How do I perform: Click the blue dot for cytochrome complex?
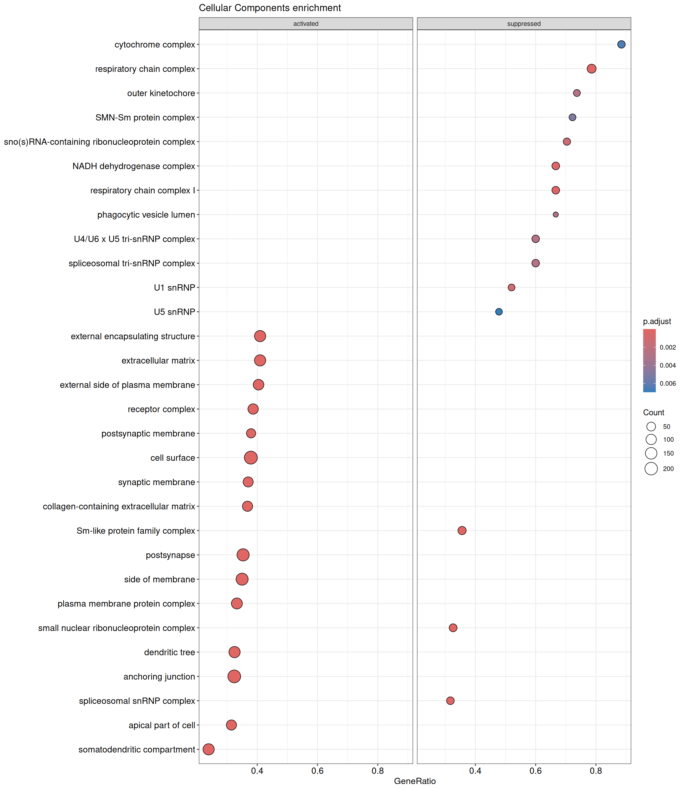pyautogui.click(x=622, y=45)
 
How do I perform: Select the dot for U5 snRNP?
pyautogui.click(x=499, y=312)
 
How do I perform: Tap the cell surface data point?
pyautogui.click(x=251, y=458)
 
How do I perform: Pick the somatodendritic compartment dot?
pyautogui.click(x=208, y=749)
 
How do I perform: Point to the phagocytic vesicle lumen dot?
pyautogui.click(x=556, y=215)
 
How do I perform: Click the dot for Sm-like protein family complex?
pyautogui.click(x=462, y=531)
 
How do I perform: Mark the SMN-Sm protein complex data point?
pyautogui.click(x=572, y=117)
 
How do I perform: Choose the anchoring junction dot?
pyautogui.click(x=234, y=676)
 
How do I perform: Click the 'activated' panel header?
pyautogui.click(x=306, y=24)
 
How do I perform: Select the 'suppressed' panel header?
pyautogui.click(x=524, y=24)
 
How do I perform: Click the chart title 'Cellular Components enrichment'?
pyautogui.click(x=270, y=8)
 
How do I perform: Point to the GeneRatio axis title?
pyautogui.click(x=415, y=781)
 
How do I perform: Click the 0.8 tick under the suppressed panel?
pyautogui.click(x=596, y=771)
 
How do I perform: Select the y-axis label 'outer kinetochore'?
pyautogui.click(x=161, y=93)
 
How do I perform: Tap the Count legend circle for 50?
pyautogui.click(x=651, y=427)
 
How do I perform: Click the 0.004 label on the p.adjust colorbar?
pyautogui.click(x=668, y=366)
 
